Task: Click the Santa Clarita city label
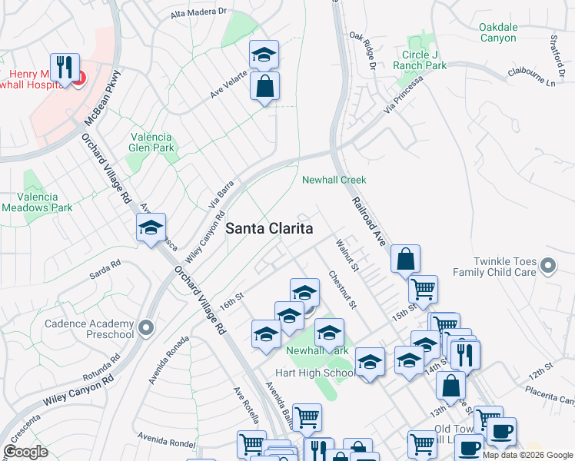(x=269, y=229)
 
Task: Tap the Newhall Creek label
(x=333, y=180)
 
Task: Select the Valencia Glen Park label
(x=152, y=141)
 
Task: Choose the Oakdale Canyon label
(x=508, y=32)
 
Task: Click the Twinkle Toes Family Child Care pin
(x=548, y=267)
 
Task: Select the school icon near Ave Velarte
(x=264, y=55)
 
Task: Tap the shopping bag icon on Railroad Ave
(x=405, y=260)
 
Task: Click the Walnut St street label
(x=347, y=255)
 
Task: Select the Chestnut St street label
(x=343, y=290)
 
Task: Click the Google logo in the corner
(x=25, y=452)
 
